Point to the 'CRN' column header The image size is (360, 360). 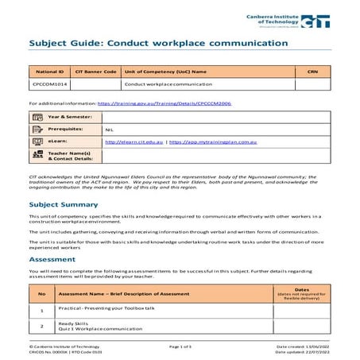pyautogui.click(x=311, y=71)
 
